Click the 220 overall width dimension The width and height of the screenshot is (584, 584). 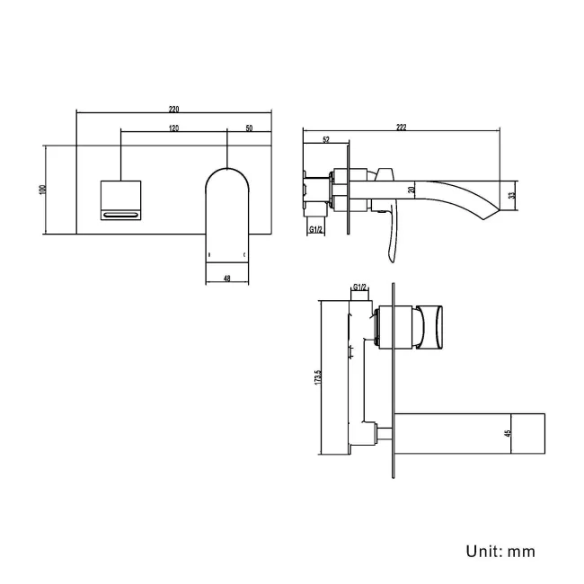(173, 109)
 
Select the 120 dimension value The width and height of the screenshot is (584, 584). (173, 128)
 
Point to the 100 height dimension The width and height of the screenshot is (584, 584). (41, 190)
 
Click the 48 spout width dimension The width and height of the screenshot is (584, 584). (226, 279)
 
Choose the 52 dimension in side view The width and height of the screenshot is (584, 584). (324, 139)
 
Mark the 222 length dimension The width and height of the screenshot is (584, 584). (401, 128)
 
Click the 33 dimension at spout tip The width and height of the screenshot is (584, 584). (512, 195)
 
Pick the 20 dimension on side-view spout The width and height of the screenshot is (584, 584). (411, 189)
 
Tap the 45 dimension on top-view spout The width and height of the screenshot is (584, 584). (509, 433)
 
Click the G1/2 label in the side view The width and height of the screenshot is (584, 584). (316, 230)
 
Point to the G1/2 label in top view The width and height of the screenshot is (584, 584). (359, 287)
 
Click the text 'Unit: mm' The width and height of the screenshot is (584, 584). (500, 551)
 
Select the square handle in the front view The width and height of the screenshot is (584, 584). (119, 199)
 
